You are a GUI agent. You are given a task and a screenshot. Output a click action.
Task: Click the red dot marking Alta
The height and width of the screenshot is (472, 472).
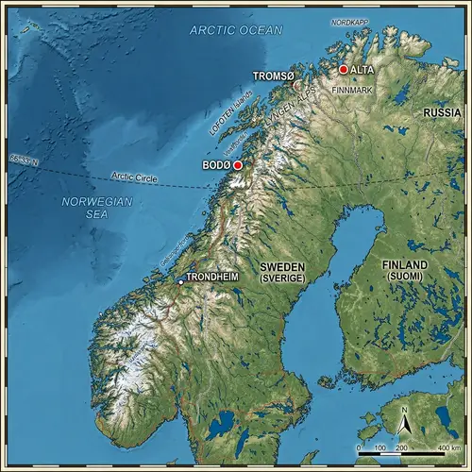click(344, 69)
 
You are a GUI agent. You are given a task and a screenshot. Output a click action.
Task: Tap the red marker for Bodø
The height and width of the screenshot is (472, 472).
click(238, 165)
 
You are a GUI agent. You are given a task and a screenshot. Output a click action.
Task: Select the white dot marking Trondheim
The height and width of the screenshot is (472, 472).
click(180, 281)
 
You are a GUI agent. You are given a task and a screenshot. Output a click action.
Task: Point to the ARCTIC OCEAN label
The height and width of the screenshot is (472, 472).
click(235, 30)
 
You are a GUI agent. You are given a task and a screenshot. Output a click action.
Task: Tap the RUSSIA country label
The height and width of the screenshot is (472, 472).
click(442, 112)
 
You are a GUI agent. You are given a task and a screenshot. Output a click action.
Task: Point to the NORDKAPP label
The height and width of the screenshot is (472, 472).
click(348, 21)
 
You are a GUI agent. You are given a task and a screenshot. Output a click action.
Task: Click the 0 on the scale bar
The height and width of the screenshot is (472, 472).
click(359, 447)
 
